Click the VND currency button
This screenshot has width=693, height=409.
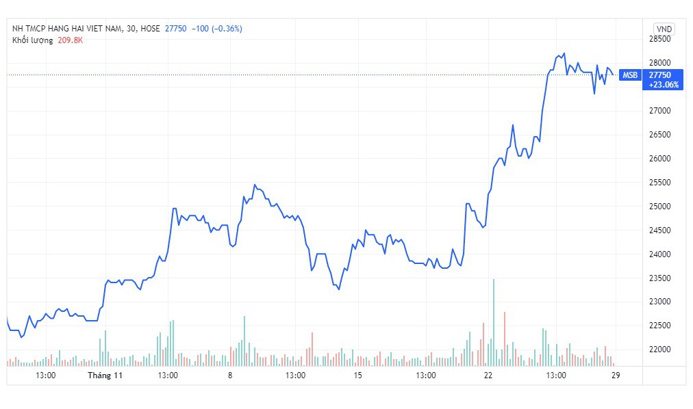coord(664,29)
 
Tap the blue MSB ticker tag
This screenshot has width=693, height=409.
coord(630,75)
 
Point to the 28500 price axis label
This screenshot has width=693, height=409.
coord(660,39)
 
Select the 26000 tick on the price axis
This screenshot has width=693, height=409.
coord(660,159)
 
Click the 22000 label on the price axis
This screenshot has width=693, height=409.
coord(660,349)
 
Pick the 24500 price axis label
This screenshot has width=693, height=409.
coord(660,230)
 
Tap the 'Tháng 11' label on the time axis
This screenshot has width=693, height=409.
coord(105,375)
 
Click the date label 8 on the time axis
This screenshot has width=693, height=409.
coord(230,375)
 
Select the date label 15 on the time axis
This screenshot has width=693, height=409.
coord(357,375)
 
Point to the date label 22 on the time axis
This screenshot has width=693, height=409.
coord(488,375)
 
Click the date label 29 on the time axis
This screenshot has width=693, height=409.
coord(616,375)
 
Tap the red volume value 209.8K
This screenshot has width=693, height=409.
coord(71,40)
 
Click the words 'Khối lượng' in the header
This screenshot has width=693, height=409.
coord(33,40)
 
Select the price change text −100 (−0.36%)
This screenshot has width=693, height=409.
coord(217,29)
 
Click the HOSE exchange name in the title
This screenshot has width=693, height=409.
coord(150,29)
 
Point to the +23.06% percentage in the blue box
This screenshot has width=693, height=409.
coord(664,85)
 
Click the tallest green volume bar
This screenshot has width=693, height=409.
coord(494,323)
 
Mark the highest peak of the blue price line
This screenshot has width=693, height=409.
coord(564,53)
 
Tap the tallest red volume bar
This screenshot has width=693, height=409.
coord(504,339)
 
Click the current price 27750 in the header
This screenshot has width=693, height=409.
coord(175,29)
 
